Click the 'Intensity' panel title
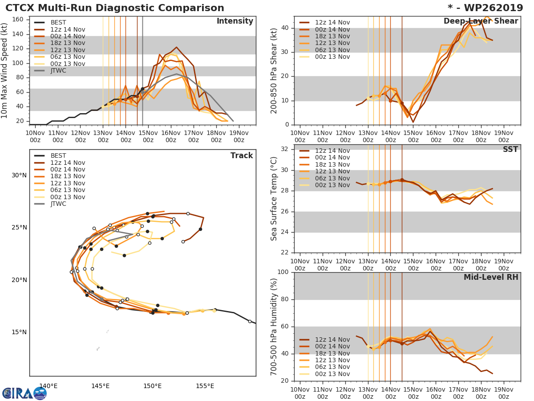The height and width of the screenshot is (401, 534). [x=235, y=21]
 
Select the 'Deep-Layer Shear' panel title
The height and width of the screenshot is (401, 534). [x=481, y=21]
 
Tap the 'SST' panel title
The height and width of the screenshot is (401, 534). [x=510, y=149]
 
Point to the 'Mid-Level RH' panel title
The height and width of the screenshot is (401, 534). [x=491, y=277]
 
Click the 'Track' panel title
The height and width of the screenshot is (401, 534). [x=241, y=155]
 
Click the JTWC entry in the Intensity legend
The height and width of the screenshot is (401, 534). [x=58, y=70]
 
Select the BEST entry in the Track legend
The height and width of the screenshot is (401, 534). [x=58, y=155]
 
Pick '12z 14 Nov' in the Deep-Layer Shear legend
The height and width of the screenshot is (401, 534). [x=332, y=22]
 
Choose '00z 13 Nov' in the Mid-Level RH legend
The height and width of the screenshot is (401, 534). [x=332, y=374]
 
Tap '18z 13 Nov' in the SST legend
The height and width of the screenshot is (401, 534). [x=332, y=164]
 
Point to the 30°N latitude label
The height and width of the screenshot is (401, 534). [x=19, y=175]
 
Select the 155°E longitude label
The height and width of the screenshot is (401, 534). [x=205, y=386]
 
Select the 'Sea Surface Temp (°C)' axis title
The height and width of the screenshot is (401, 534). [x=274, y=199]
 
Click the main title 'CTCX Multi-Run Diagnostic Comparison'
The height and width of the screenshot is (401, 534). [x=115, y=8]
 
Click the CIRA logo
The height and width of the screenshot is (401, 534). [x=24, y=393]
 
